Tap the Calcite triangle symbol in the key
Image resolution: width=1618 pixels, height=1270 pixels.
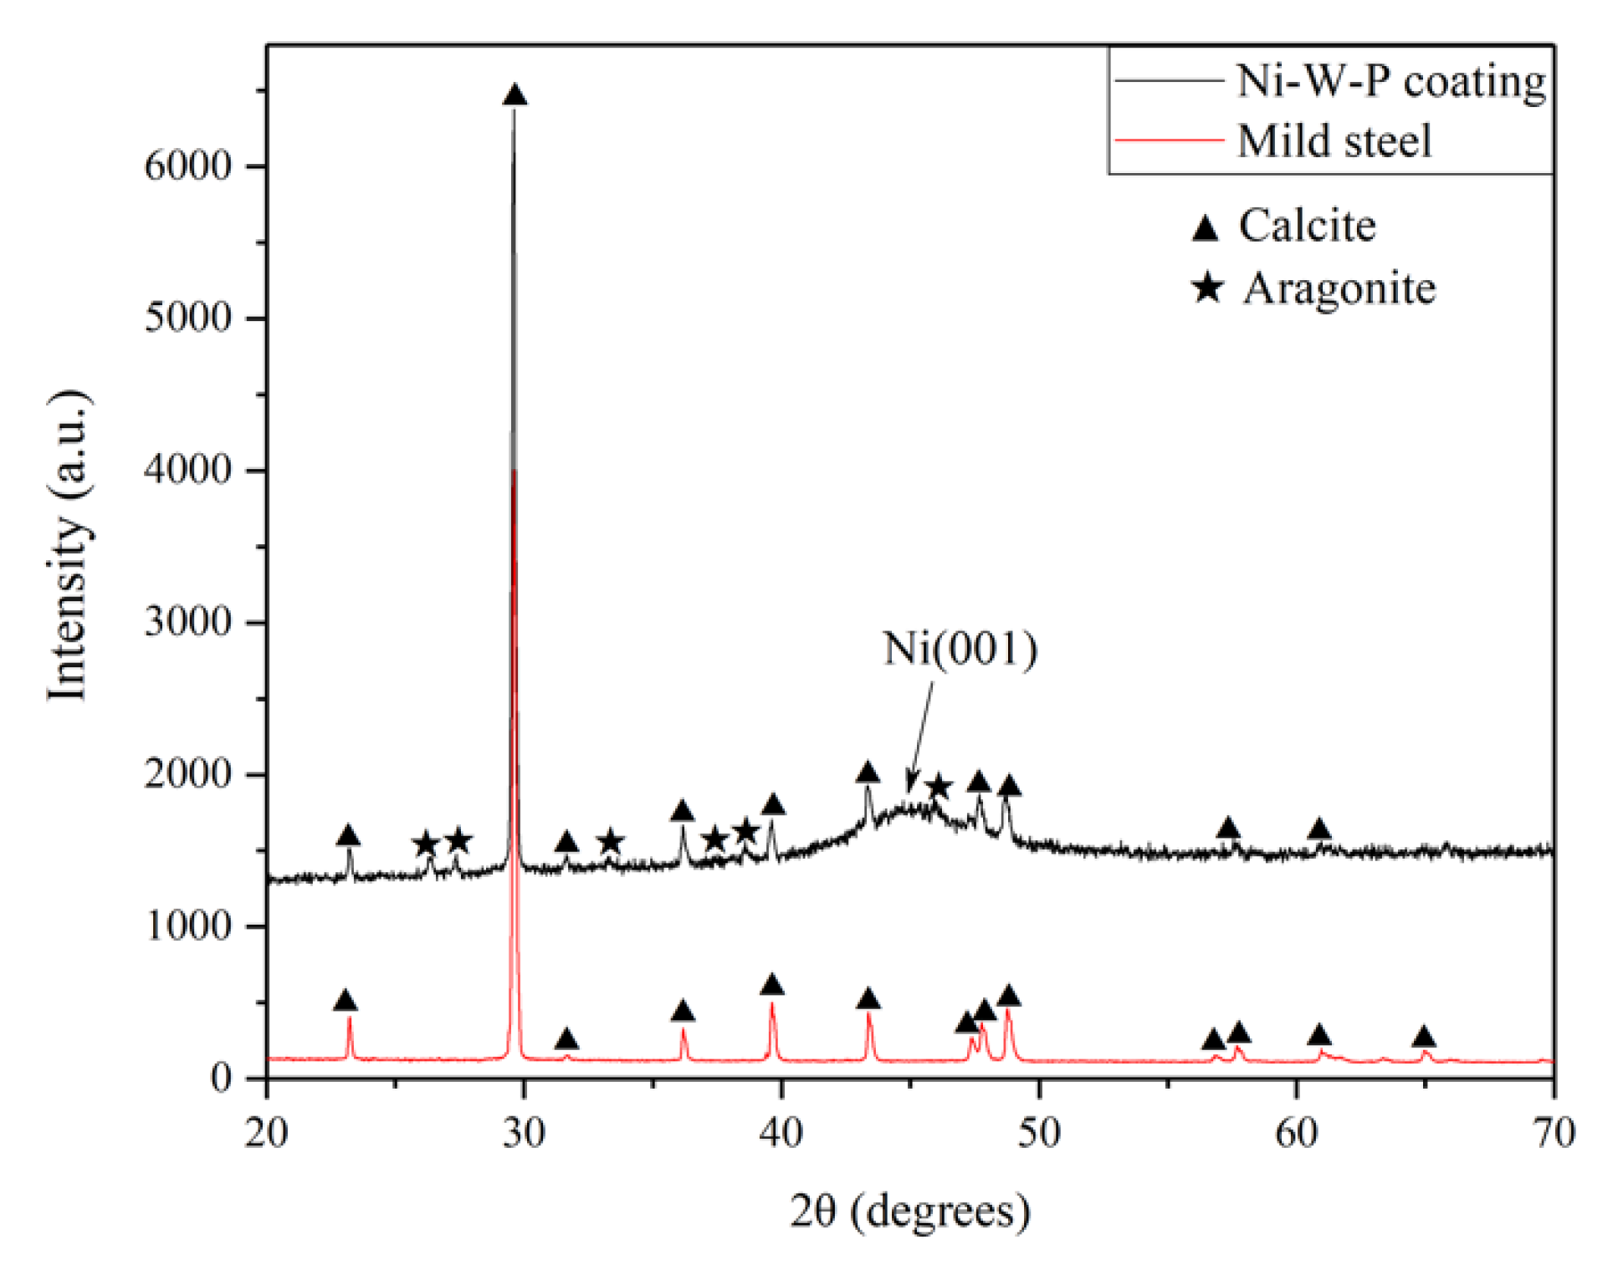click(x=1205, y=227)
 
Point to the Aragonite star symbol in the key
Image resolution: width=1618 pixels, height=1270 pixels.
click(x=1207, y=288)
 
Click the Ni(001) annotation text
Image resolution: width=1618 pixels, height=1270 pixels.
click(x=960, y=648)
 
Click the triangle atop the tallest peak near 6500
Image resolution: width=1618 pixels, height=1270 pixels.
click(x=515, y=94)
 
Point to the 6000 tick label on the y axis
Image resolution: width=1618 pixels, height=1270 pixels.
click(x=187, y=166)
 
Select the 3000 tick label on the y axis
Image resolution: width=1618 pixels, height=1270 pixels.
click(x=187, y=622)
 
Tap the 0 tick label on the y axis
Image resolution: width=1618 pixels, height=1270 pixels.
click(x=221, y=1078)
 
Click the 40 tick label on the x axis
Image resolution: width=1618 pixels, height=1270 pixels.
click(x=781, y=1134)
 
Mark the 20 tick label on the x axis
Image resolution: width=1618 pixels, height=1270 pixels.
click(x=266, y=1134)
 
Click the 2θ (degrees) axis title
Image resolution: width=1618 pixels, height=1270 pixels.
click(x=910, y=1211)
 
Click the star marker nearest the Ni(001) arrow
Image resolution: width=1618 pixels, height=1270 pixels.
click(x=939, y=786)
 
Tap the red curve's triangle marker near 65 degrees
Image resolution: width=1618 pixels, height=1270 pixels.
click(x=1424, y=1038)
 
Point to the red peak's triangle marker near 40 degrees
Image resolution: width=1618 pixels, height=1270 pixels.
click(x=772, y=985)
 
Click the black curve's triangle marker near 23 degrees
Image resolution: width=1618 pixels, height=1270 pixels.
click(x=348, y=835)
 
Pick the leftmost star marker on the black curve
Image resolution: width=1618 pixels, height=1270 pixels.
click(x=426, y=843)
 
